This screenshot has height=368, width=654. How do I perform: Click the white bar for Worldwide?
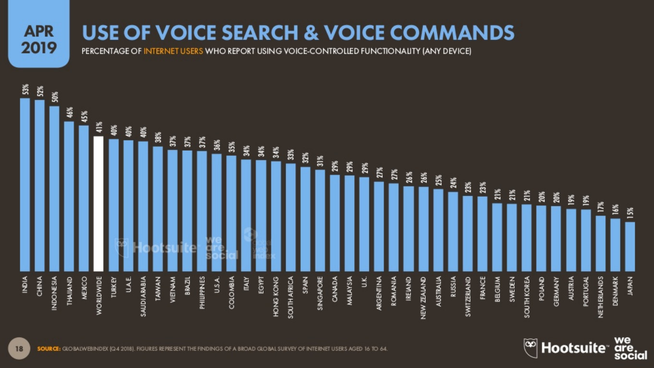(x=98, y=204)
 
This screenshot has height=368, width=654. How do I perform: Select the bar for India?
(x=25, y=185)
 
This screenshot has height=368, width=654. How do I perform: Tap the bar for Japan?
(x=630, y=247)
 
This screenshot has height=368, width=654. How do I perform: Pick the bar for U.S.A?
(x=217, y=213)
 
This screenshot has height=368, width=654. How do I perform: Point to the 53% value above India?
(x=25, y=90)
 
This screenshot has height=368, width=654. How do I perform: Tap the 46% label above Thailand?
(x=70, y=113)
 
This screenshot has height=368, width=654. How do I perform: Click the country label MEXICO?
(x=85, y=288)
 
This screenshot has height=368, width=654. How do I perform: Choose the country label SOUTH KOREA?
(x=527, y=297)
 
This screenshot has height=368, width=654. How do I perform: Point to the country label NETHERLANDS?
(x=601, y=298)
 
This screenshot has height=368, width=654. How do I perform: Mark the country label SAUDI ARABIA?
(x=143, y=297)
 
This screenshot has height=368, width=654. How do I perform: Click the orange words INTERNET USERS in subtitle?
(x=173, y=51)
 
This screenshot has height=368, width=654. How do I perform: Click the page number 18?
(x=19, y=349)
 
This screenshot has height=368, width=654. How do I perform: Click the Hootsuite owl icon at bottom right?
(x=531, y=347)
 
